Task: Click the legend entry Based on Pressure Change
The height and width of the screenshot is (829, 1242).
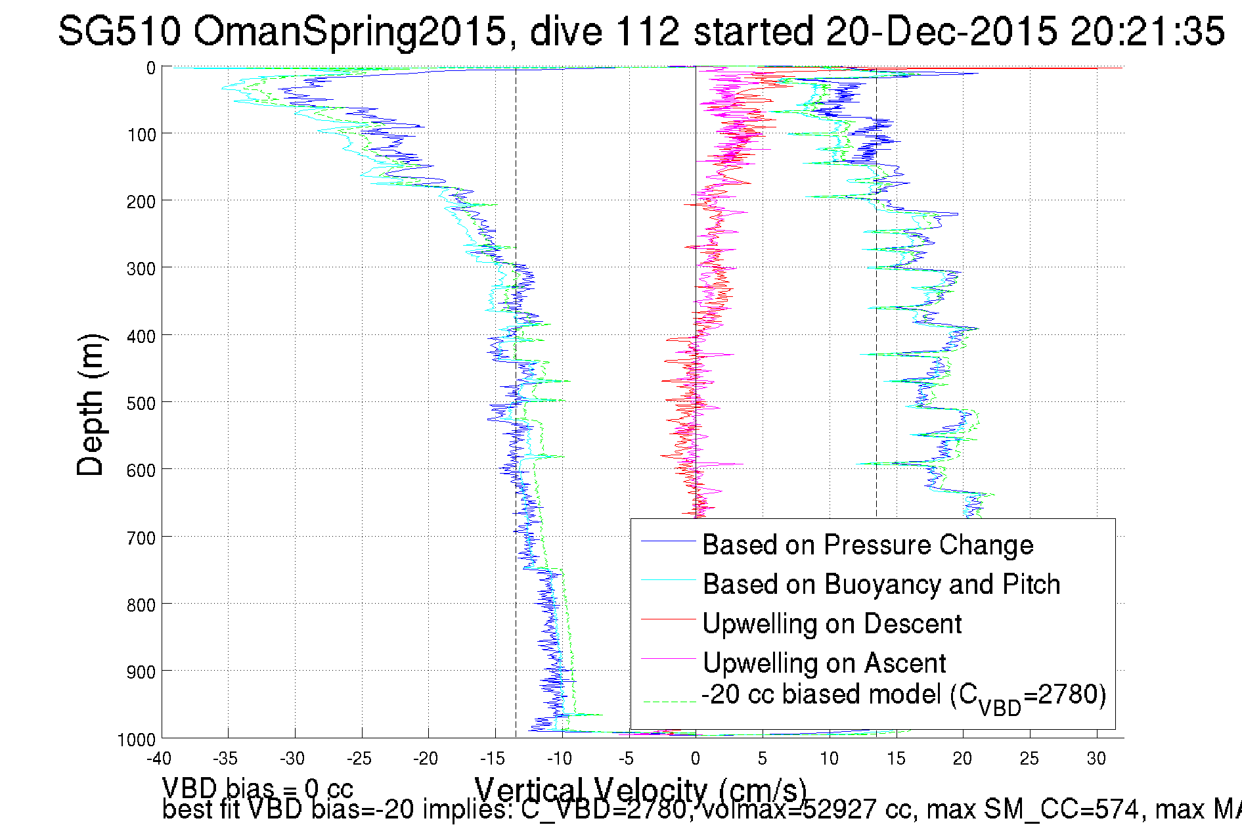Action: point(868,545)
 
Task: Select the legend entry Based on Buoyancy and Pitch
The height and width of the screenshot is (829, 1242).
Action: point(881,584)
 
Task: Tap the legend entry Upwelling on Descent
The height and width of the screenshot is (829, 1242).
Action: point(832,623)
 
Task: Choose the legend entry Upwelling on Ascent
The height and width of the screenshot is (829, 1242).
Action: point(824,663)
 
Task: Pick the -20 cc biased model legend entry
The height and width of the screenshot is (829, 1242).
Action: point(904,696)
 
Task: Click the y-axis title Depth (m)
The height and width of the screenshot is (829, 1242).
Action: point(90,405)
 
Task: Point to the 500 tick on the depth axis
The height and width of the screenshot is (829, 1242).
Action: point(141,403)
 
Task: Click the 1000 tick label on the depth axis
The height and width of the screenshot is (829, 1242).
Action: point(137,740)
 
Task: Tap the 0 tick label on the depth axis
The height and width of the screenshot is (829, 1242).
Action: point(151,68)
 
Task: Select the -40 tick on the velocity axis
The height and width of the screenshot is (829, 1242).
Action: point(158,759)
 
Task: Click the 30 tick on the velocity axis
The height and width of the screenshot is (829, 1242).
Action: point(1096,759)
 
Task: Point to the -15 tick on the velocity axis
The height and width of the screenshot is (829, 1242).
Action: point(492,759)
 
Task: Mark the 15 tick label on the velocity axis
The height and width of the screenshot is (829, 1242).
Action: point(896,759)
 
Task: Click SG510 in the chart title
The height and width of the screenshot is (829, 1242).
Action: point(119,31)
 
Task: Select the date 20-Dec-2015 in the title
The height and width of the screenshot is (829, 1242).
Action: point(941,31)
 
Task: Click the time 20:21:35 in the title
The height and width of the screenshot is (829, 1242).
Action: point(1147,31)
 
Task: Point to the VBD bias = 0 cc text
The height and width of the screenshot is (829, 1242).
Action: point(257,788)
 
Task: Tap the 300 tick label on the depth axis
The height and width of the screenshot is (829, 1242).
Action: point(141,269)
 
